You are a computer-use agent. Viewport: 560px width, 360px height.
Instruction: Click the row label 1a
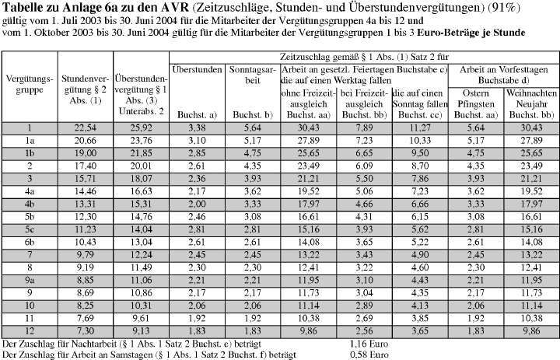tap(29, 142)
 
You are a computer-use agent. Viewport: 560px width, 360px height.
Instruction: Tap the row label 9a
tap(29, 279)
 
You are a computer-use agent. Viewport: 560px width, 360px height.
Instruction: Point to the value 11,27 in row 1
tap(420, 129)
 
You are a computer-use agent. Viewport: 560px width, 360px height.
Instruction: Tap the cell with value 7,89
tap(364, 129)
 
